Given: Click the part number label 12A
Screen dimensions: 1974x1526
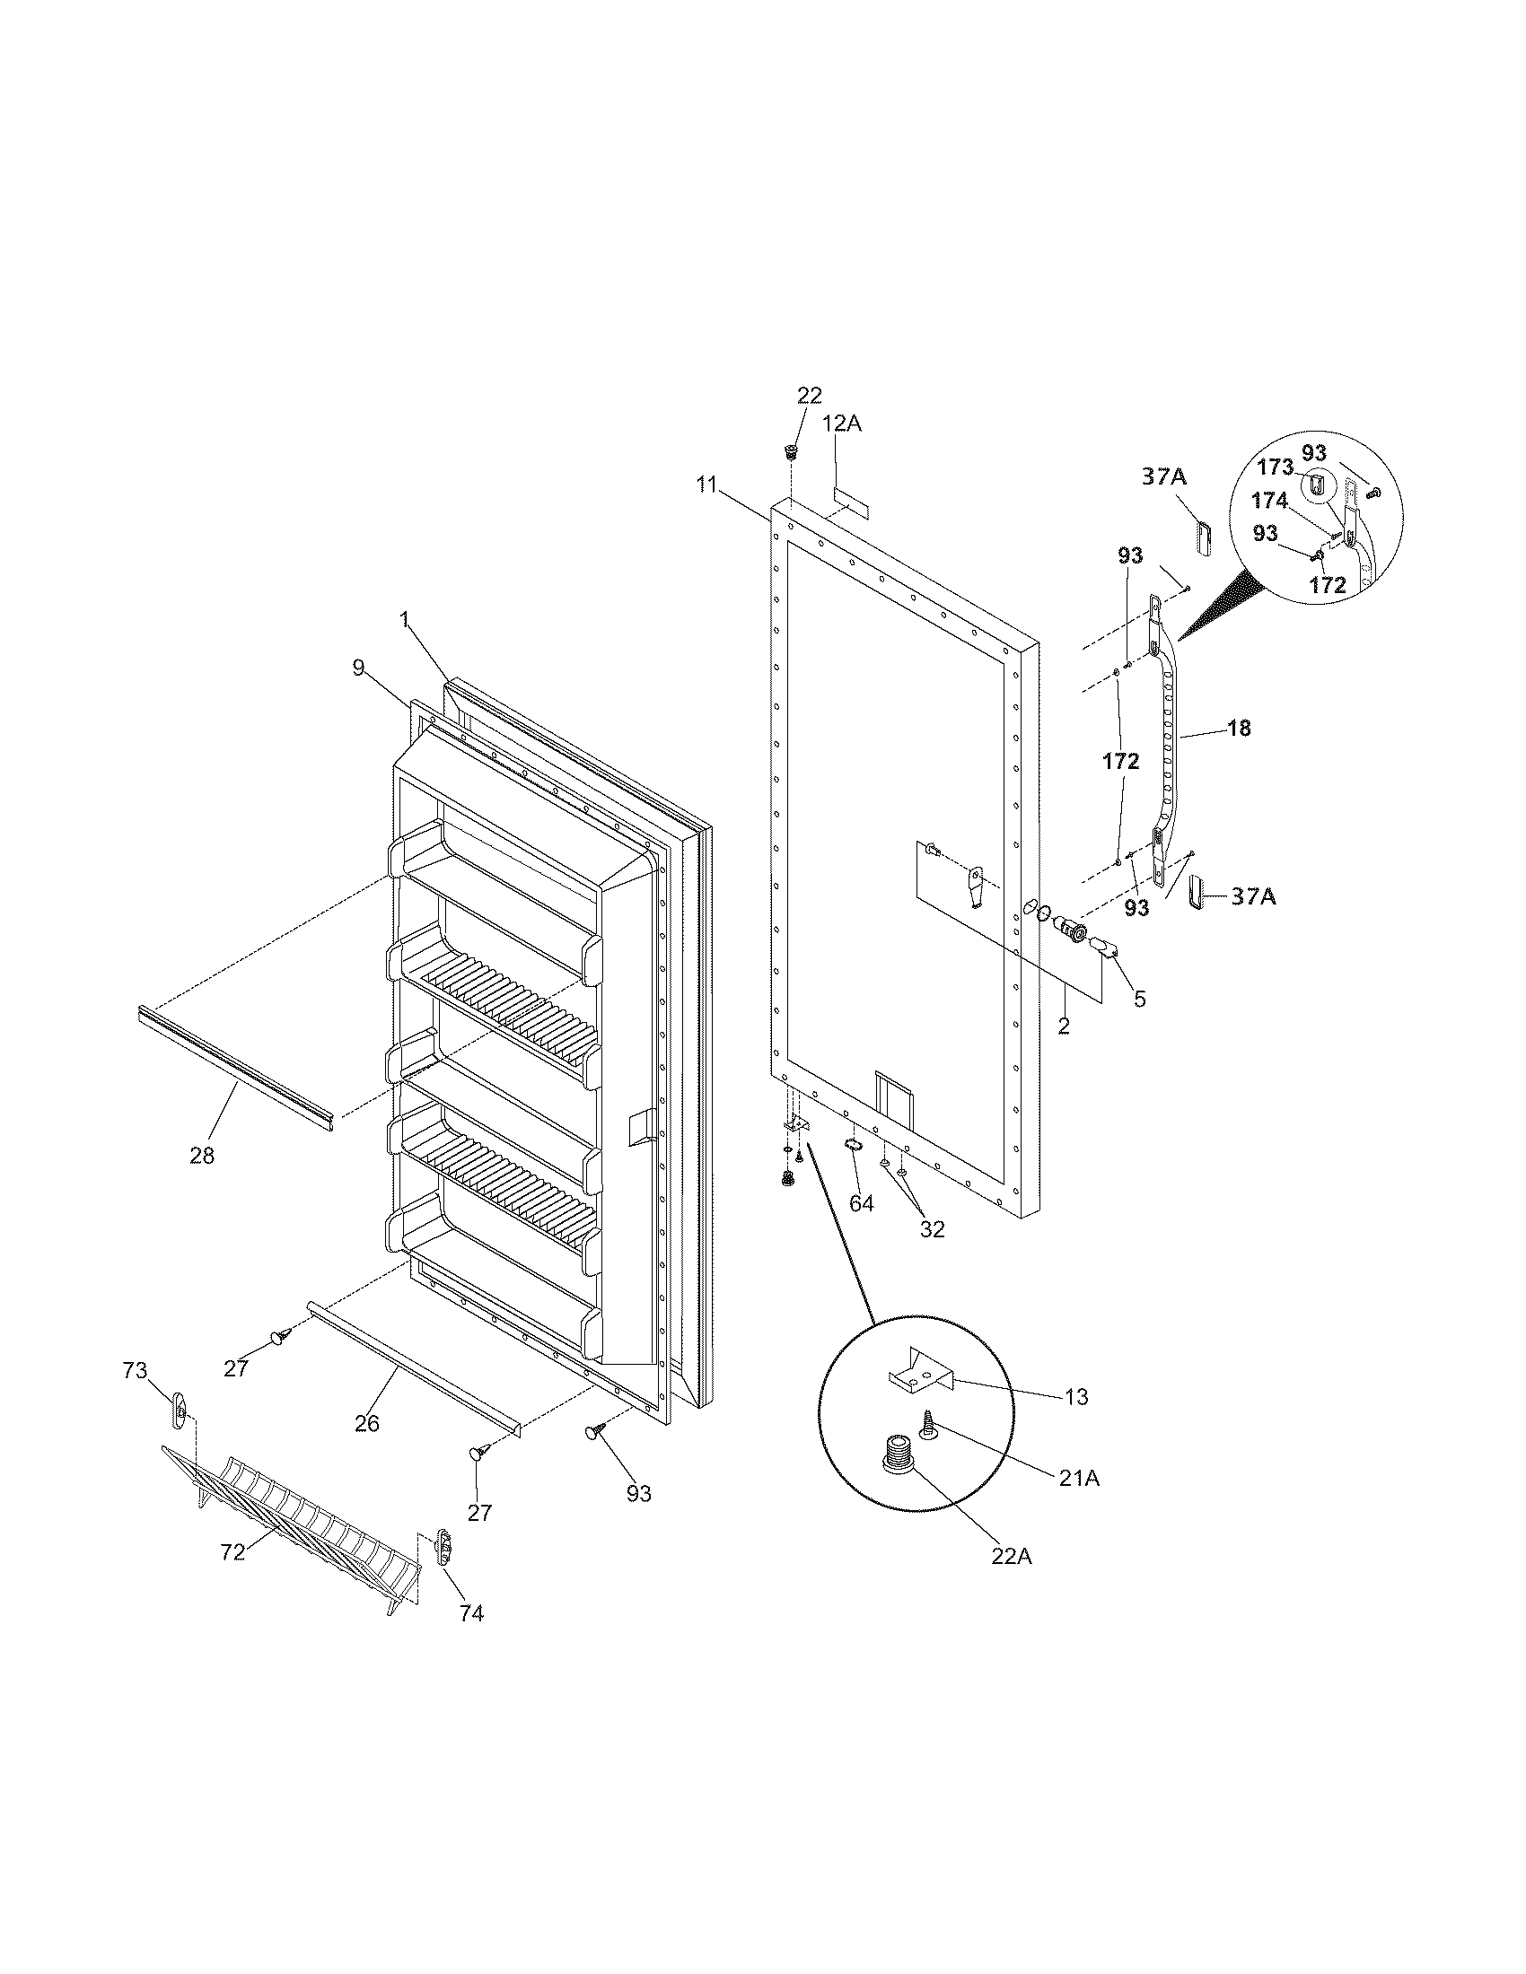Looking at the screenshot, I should coord(842,423).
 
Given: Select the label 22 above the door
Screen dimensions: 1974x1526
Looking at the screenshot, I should coord(809,395).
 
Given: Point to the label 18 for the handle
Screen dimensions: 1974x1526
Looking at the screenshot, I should coord(1240,728).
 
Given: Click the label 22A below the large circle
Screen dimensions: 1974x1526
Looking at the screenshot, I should coord(1012,1557).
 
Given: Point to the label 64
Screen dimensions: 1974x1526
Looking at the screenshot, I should coord(862,1204).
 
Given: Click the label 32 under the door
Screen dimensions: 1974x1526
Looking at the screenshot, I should coord(932,1228).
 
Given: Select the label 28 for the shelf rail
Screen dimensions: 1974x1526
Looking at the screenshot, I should coord(202,1155).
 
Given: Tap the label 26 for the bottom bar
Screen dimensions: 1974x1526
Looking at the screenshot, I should coord(366,1424).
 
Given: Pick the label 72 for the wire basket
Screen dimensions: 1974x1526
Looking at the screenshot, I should coord(233,1552).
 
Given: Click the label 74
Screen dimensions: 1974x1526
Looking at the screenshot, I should coord(471,1613).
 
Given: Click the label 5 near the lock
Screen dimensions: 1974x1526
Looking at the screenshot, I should coord(1139,999).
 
